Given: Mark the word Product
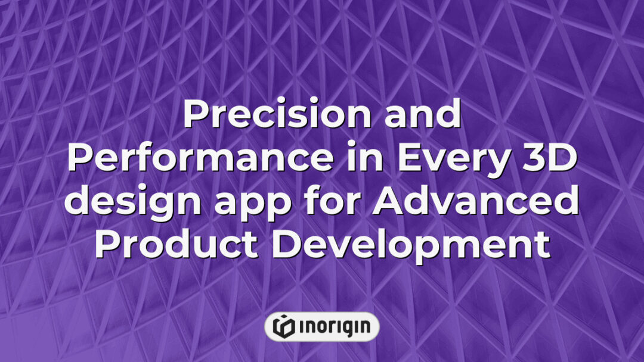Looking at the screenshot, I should pyautogui.click(x=176, y=245).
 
